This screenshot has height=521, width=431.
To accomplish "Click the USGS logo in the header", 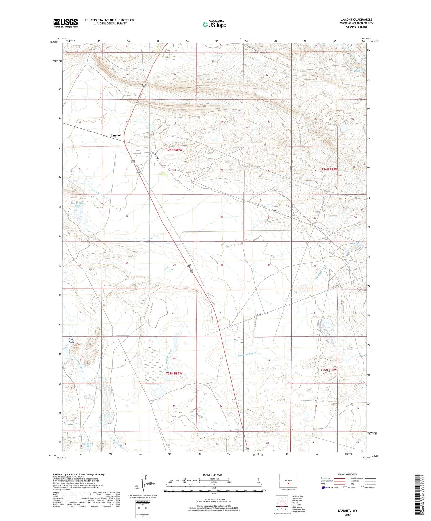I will point(66,23).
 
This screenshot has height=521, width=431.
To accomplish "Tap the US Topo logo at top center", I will point(214,24).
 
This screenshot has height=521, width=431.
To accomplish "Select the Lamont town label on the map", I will point(116,135).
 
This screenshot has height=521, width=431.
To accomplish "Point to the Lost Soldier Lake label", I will point(78,204).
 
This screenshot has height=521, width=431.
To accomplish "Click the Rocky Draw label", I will point(72,341).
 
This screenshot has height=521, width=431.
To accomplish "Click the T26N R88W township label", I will point(329,170).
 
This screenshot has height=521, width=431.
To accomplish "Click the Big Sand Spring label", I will point(357,244).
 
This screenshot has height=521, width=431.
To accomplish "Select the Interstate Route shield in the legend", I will point(324,488).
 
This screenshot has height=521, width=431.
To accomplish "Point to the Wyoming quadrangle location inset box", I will point(288,481).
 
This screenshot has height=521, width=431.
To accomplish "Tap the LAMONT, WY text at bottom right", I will point(348,511).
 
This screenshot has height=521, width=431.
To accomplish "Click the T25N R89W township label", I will point(174,374).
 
